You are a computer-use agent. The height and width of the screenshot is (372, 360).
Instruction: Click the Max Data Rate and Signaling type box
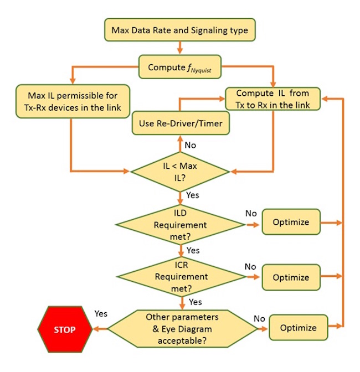point(180,30)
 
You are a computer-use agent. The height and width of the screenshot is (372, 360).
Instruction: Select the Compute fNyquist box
point(180,67)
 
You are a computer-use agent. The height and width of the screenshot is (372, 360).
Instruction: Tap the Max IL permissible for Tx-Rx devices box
point(72,97)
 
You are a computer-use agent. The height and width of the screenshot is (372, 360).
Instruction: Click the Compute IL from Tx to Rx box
point(272,99)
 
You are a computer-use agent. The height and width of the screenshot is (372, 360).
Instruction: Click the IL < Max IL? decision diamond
point(181,170)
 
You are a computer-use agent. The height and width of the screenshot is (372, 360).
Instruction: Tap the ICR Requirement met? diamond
point(180,276)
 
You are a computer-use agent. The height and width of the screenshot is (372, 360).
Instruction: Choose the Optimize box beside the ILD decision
point(291,222)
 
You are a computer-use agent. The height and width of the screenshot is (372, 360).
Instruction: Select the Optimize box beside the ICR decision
point(291,276)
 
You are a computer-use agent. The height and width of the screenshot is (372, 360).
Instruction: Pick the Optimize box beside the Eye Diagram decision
point(297,328)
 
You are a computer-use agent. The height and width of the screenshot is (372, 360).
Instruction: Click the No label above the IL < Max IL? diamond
point(191,146)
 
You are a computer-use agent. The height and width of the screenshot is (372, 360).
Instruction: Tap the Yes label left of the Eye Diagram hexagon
point(101,313)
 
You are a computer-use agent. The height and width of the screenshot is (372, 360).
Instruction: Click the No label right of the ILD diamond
point(250,213)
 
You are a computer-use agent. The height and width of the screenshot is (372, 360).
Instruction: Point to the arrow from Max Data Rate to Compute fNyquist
point(180,48)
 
